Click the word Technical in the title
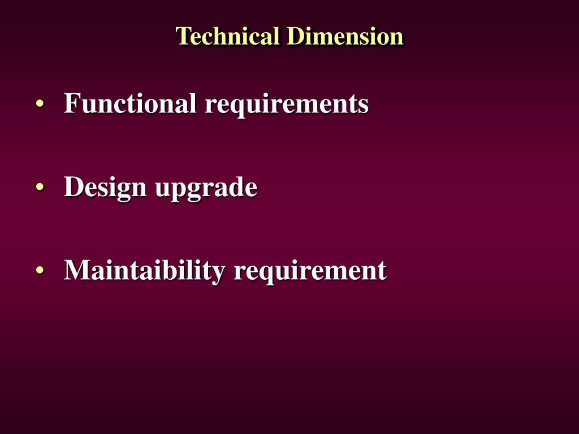tap(228, 36)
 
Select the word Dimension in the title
tap(345, 36)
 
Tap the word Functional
tap(131, 103)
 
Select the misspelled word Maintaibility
tap(145, 270)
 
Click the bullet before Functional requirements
tap(40, 105)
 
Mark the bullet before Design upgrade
tap(40, 188)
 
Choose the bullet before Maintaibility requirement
tap(40, 271)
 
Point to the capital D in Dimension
tap(295, 36)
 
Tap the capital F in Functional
tap(71, 103)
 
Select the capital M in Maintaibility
tap(76, 270)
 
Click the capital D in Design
tap(73, 187)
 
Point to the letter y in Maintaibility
tap(219, 274)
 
